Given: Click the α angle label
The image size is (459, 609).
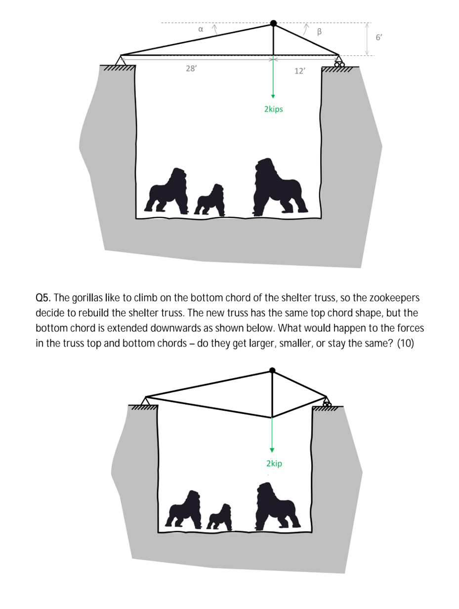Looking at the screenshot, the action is click(x=201, y=29).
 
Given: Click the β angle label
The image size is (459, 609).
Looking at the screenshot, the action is click(x=319, y=32).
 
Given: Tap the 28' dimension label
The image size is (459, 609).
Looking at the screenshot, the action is click(x=191, y=68).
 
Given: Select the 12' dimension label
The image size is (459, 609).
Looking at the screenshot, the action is click(x=300, y=71).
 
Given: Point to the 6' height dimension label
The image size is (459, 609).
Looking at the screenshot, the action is click(x=379, y=37).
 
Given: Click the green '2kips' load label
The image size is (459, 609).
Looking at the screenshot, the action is click(x=273, y=109).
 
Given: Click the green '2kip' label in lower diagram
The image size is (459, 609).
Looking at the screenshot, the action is click(x=274, y=463).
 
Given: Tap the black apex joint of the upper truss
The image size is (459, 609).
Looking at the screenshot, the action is click(x=273, y=23).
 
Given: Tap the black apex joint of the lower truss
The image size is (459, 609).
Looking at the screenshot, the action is click(x=272, y=370).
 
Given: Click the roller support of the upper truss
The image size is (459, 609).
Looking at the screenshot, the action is click(x=339, y=61).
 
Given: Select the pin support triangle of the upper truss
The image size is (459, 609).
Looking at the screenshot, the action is click(x=121, y=60).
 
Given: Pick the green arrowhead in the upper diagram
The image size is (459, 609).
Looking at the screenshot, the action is click(x=273, y=96).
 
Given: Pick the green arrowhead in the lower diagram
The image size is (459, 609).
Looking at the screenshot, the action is click(x=272, y=450).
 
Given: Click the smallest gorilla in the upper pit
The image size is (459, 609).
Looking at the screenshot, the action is click(x=209, y=200).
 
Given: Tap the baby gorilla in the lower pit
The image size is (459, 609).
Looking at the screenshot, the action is click(x=219, y=517).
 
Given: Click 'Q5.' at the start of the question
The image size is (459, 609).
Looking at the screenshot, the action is click(x=43, y=298).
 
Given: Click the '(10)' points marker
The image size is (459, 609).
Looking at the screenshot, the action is click(x=406, y=343).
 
